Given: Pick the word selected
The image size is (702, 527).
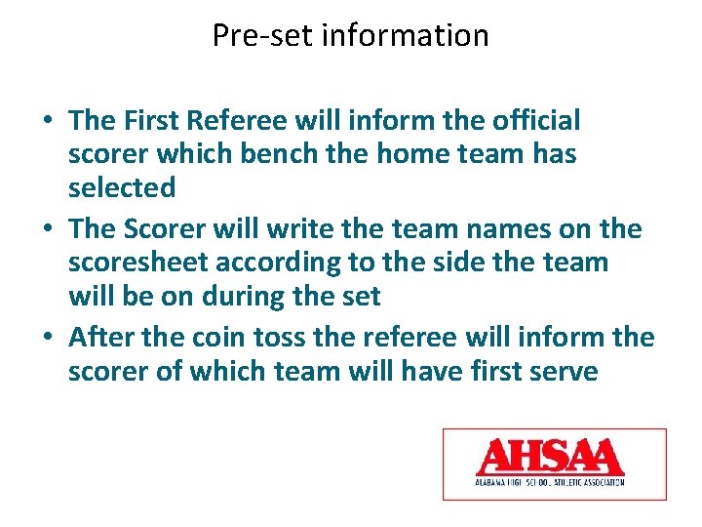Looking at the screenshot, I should click(x=122, y=187).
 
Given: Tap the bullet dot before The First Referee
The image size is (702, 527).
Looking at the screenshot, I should click(x=47, y=122).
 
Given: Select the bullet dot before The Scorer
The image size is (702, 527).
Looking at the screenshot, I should click(x=47, y=230).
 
